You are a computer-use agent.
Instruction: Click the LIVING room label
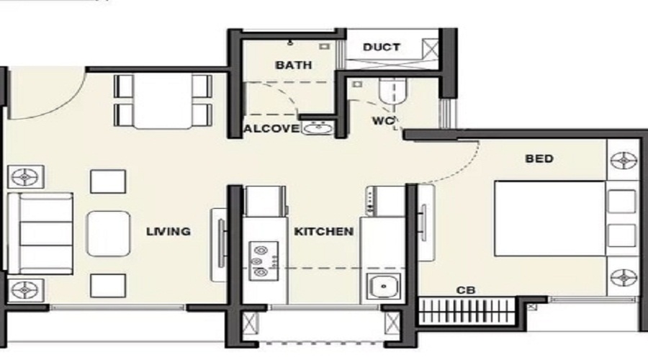[x=168, y=231]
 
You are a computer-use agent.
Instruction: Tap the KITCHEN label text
[x=323, y=231]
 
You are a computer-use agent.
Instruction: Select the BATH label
[x=294, y=65]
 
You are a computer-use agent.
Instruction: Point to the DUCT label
[x=382, y=48]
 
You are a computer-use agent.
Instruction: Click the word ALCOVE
[x=271, y=129]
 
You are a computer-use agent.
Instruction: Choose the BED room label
[x=539, y=158]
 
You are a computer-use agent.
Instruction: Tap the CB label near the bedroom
[x=465, y=290]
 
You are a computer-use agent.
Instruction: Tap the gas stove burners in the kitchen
[x=258, y=260]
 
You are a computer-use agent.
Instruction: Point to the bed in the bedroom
[x=549, y=218]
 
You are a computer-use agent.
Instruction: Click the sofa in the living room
[x=40, y=232]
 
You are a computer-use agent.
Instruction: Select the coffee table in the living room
[x=108, y=233]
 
